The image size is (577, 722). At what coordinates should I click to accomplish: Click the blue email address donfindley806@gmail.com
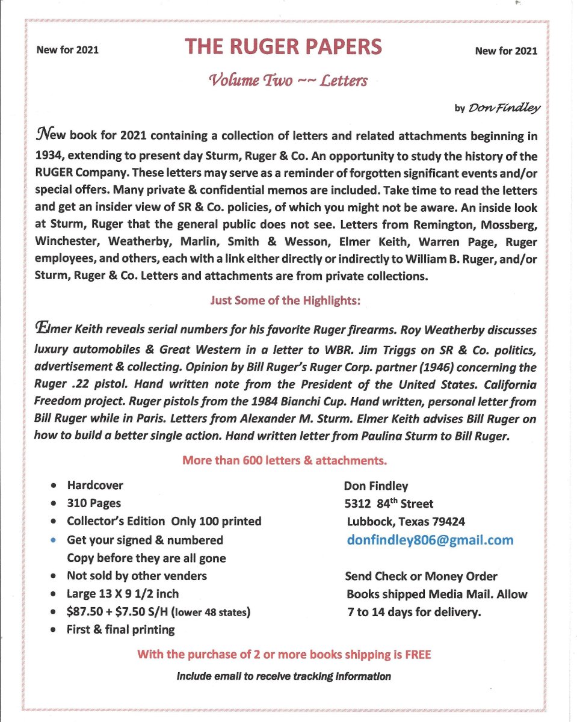430,540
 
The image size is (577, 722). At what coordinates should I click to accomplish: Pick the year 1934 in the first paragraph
53,156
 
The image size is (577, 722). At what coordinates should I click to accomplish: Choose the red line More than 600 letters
284,461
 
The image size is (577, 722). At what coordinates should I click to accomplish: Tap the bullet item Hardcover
95,485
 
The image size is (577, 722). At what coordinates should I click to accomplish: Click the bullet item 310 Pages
94,503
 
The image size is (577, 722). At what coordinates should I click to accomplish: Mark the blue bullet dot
55,540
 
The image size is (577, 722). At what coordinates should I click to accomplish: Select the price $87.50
87,612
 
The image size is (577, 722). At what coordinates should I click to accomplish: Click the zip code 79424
446,522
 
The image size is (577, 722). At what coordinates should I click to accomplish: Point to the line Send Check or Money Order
421,576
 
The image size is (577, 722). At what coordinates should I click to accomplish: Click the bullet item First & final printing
120,630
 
